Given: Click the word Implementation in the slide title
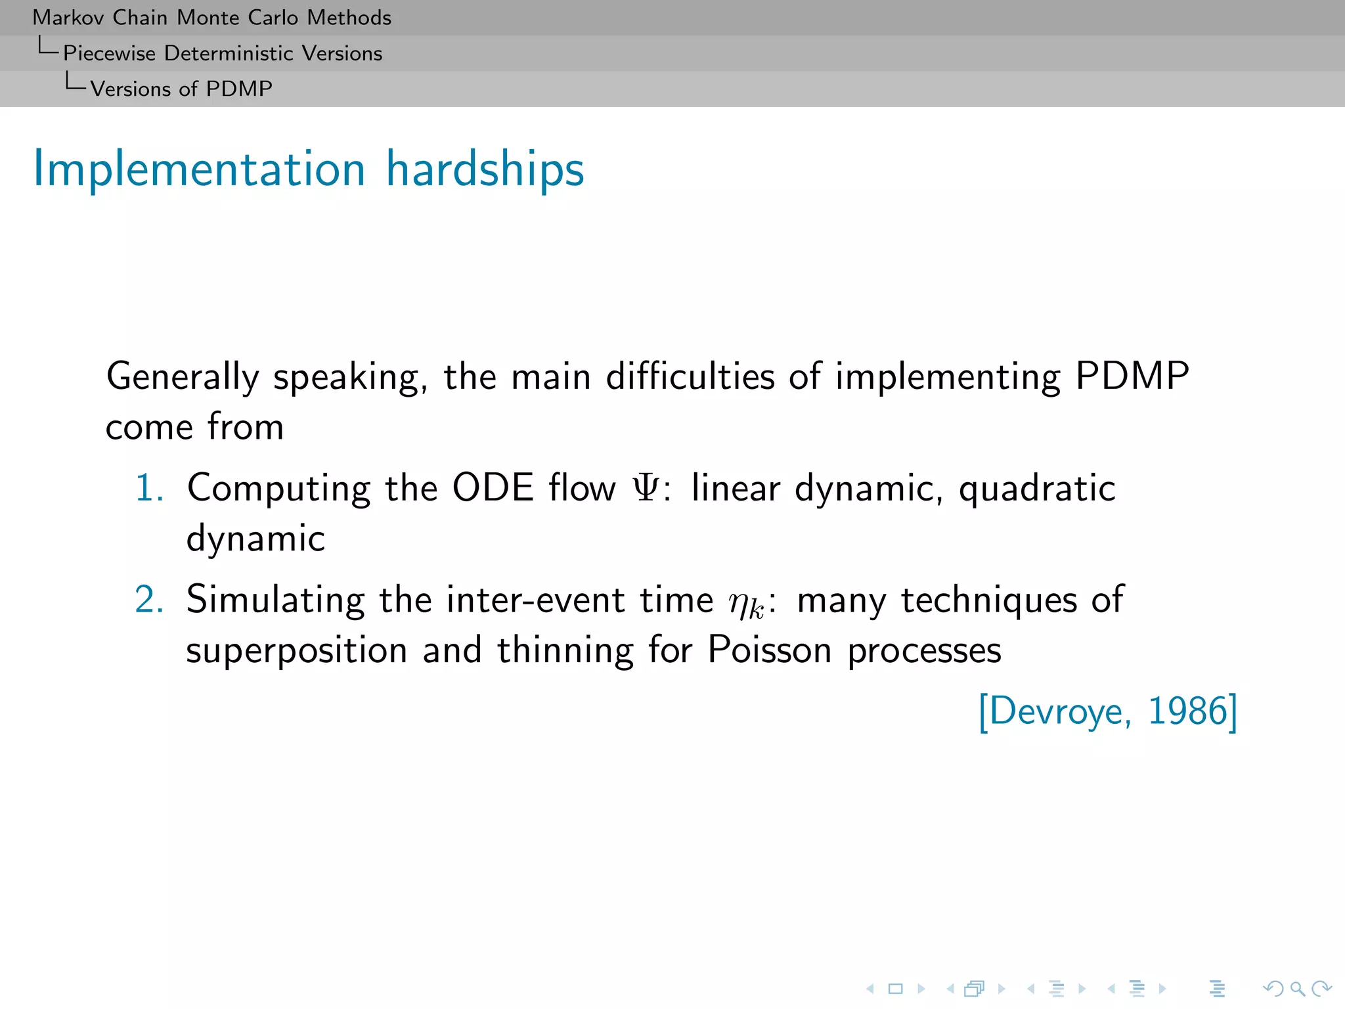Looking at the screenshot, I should [199, 169].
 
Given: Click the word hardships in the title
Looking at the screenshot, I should [485, 169].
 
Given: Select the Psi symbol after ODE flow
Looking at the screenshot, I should [646, 489].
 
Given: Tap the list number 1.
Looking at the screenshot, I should [149, 489].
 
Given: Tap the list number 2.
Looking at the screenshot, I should [149, 600].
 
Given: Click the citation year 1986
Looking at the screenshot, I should [1187, 711].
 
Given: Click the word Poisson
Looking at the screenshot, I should [770, 650].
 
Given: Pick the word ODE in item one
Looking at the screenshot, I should [493, 489].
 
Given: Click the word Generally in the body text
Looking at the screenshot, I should [183, 378].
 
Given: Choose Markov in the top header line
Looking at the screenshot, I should [68, 18].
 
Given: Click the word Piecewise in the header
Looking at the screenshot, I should [109, 53].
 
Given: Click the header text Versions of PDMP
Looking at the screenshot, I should [181, 89].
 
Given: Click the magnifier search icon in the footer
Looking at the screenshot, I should [1297, 989].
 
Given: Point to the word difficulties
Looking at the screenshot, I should [690, 376].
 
